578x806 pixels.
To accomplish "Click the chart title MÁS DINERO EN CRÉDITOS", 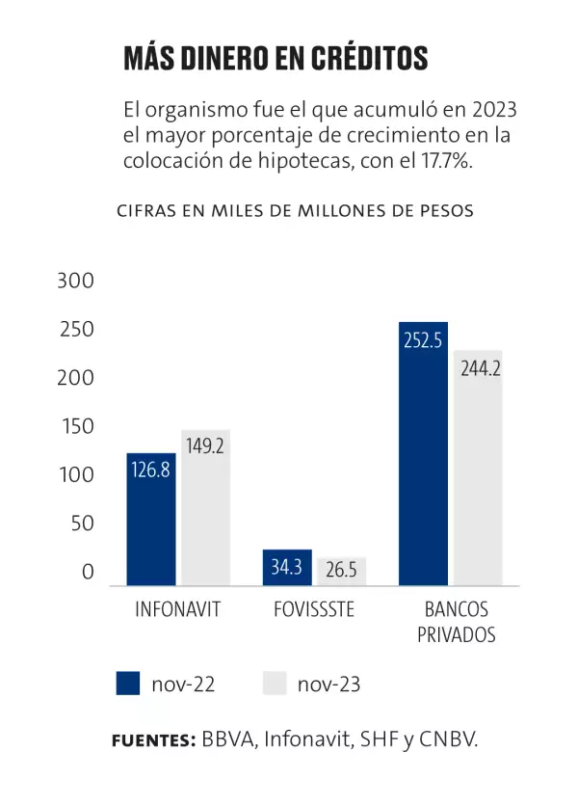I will coord(275,58).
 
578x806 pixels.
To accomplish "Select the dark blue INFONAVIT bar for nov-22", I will coord(151,521).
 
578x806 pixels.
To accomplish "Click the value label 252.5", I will coord(423,339).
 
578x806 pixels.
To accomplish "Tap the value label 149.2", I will coord(205,446).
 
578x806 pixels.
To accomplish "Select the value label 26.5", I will coord(341,570).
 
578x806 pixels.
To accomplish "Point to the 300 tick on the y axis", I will coord(76,282).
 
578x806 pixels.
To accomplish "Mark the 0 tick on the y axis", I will coord(88,573).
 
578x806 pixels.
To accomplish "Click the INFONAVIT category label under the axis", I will coord(178,610).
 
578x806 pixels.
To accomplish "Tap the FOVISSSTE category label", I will coord(313,610).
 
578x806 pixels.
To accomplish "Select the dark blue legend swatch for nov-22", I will coord(128,684).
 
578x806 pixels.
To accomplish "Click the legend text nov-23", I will coord(328,685).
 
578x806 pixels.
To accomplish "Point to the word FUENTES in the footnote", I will coord(153,740).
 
